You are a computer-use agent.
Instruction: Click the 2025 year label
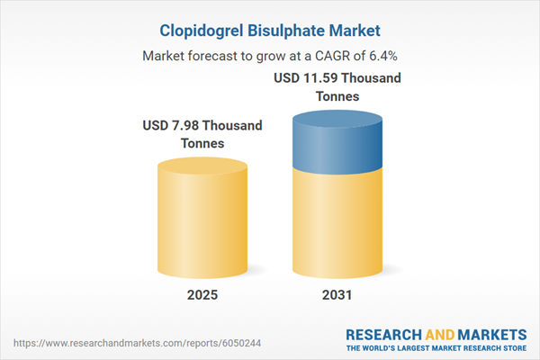tap(202, 295)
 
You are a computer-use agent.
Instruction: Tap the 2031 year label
tap(337, 295)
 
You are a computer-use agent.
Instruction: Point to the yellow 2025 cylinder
tap(202, 225)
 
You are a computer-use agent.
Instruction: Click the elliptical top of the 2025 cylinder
tap(202, 167)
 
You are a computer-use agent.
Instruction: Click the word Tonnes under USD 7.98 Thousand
tap(202, 143)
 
